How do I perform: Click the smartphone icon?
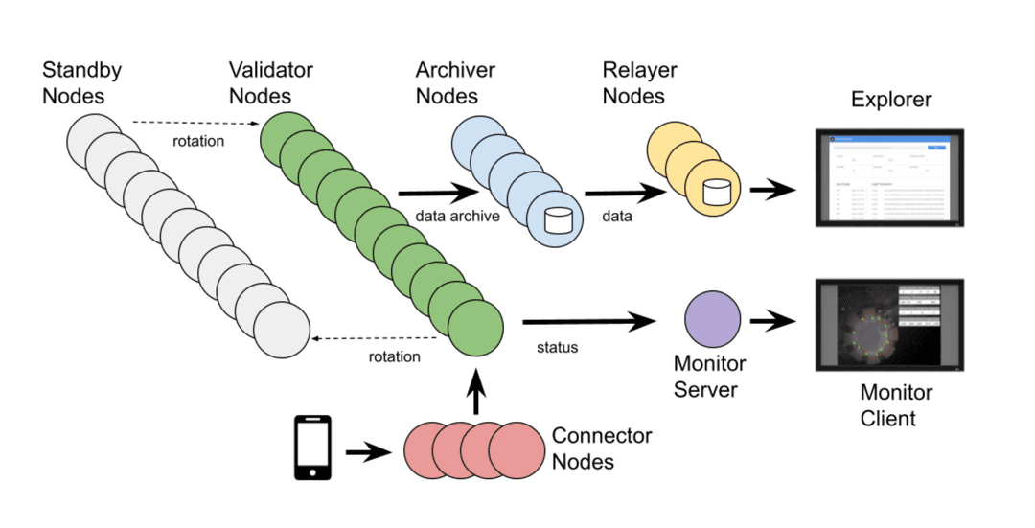tap(311, 447)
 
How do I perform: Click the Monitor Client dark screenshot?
tap(889, 325)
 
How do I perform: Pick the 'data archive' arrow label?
tap(457, 217)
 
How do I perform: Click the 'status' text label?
tap(557, 347)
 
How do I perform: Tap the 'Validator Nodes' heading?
tap(270, 83)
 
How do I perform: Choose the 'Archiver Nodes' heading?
tap(457, 83)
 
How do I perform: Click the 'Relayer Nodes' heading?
tap(639, 83)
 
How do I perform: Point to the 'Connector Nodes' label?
tap(602, 448)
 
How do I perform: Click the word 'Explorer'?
tap(890, 100)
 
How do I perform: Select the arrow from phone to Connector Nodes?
tap(367, 450)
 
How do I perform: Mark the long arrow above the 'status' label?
tap(586, 321)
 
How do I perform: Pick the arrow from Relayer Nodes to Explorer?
tap(774, 190)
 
